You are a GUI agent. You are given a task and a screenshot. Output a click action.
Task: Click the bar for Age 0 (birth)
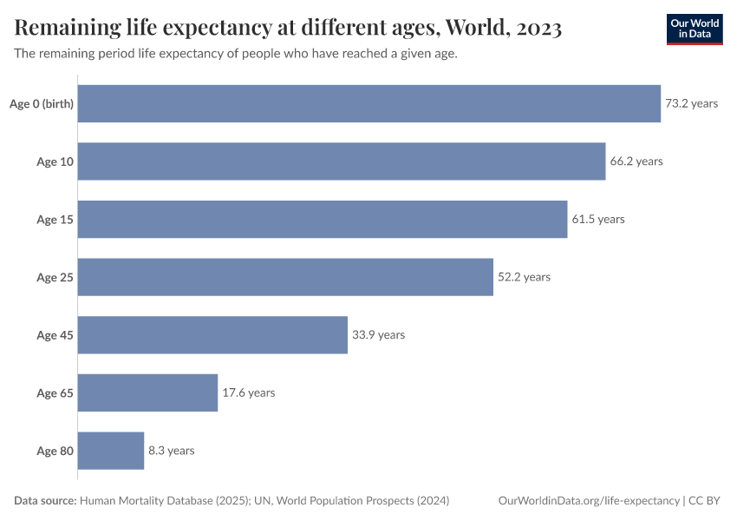coord(369,103)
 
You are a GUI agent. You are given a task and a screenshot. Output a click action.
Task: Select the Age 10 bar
coord(342,162)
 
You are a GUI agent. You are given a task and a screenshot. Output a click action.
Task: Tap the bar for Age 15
coord(323,220)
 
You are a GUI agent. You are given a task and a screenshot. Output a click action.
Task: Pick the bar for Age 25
coord(285,277)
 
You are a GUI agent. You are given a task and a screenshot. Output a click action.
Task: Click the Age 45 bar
coord(212,335)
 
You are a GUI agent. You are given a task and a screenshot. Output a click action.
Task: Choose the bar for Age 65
coord(147,392)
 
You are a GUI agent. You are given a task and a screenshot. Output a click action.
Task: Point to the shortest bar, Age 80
coord(111,451)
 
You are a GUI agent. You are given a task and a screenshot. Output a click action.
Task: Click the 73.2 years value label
coord(691,103)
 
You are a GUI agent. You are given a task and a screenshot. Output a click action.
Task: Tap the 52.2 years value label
coord(524,277)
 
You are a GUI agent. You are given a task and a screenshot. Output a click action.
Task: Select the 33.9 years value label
coord(378,335)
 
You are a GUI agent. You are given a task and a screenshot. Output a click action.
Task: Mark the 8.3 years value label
coord(171,451)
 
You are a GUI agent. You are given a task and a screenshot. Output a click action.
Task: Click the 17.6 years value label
coord(248,392)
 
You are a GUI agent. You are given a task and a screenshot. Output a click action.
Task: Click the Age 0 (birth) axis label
coord(41,104)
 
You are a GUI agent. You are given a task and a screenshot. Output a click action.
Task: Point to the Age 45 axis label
coord(55,335)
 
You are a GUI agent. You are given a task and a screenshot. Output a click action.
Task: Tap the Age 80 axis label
coord(55,451)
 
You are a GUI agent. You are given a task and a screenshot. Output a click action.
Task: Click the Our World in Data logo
coord(694,30)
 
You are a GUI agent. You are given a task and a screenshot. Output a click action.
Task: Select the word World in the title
coord(475,29)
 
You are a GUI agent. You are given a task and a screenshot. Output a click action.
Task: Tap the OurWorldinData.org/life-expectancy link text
coord(590,501)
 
